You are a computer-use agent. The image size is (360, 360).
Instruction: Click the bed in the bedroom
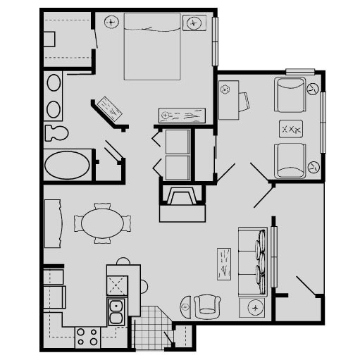pos(152,48)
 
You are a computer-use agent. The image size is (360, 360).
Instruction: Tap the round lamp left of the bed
pos(111,22)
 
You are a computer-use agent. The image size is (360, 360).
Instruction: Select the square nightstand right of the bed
pos(194,23)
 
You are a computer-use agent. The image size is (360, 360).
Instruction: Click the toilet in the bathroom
pos(55,132)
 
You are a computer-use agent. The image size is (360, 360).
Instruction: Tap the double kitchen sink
pos(116,310)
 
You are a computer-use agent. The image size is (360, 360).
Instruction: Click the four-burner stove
pos(87,337)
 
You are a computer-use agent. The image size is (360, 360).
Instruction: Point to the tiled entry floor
pos(149,329)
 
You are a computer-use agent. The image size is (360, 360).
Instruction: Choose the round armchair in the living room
pos(207,304)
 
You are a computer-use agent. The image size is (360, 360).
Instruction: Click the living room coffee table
pos(225,264)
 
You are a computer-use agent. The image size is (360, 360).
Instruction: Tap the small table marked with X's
pos(291,130)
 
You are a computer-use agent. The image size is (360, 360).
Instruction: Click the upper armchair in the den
pos(290,94)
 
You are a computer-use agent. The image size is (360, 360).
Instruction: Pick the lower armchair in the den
pos(290,161)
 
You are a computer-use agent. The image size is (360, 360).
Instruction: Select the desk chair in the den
pos(242,102)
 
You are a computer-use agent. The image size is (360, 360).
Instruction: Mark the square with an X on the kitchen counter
pos(116,285)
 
